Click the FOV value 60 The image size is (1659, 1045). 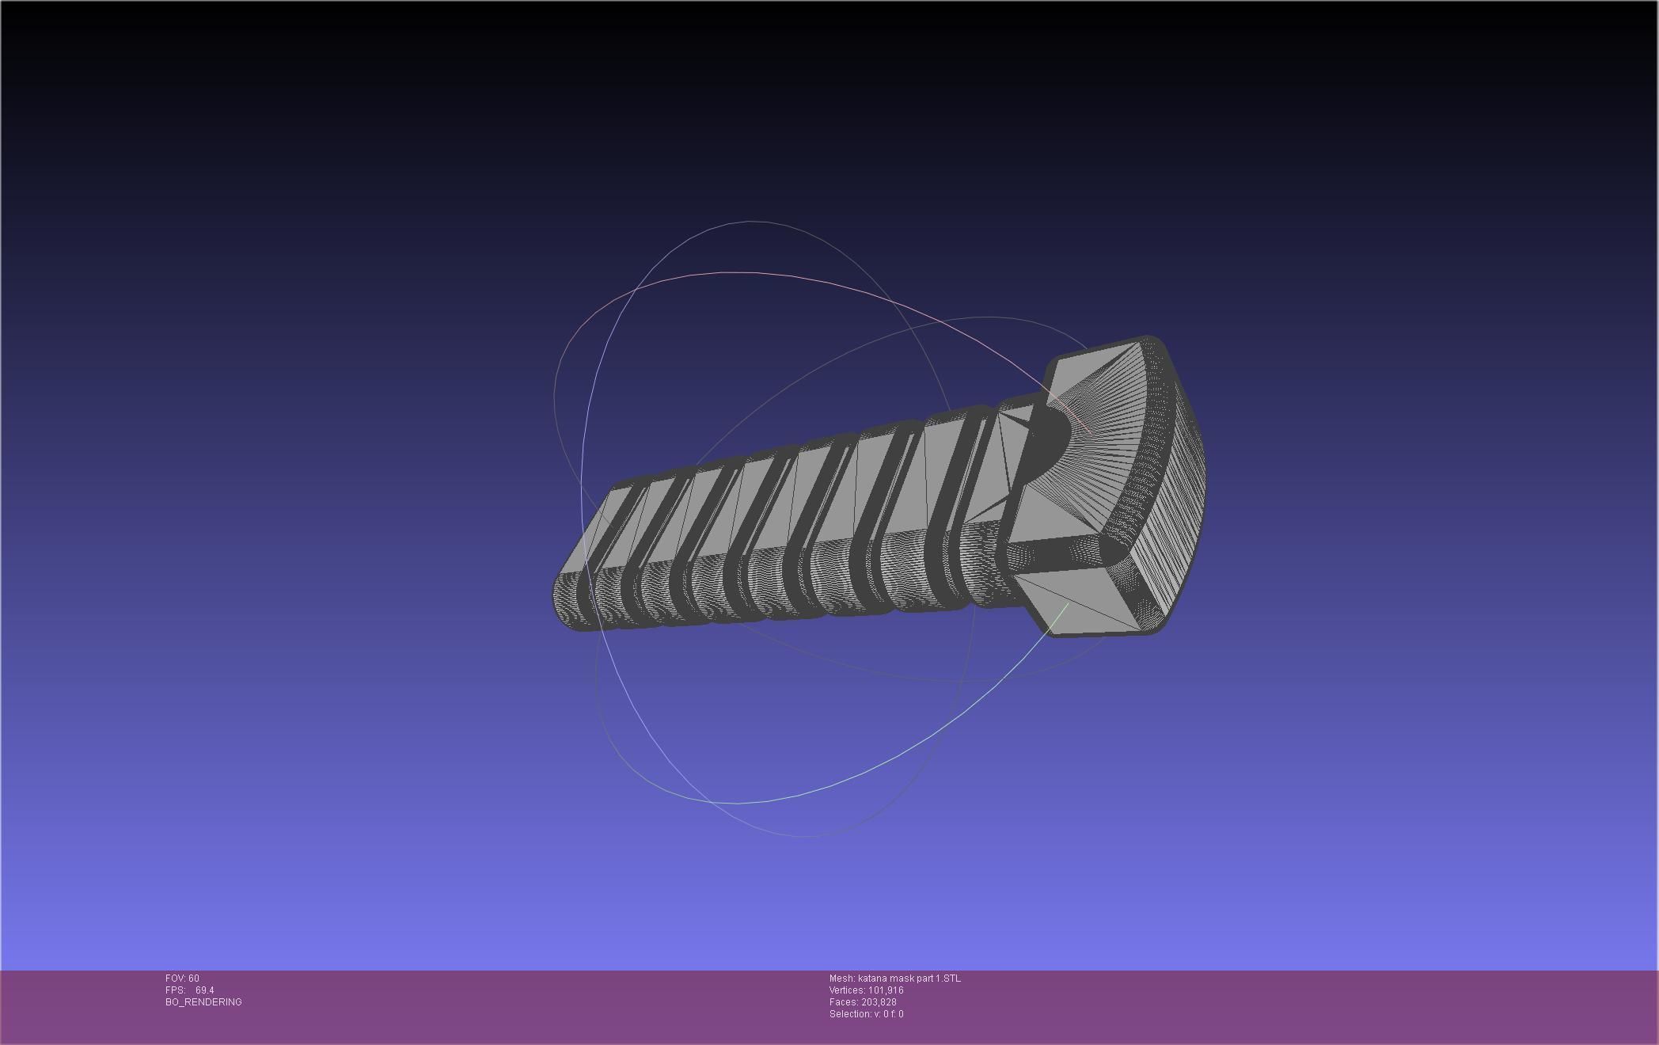194,978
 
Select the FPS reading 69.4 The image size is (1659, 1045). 204,990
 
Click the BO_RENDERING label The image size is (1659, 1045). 203,1002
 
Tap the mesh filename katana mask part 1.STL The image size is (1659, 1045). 909,978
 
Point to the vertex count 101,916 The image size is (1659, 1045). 886,990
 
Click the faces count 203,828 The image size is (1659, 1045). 879,1002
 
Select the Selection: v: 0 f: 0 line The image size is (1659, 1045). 866,1014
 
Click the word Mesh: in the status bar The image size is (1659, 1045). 841,978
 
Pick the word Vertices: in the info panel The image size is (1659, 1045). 847,990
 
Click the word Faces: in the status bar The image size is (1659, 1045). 843,1002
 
